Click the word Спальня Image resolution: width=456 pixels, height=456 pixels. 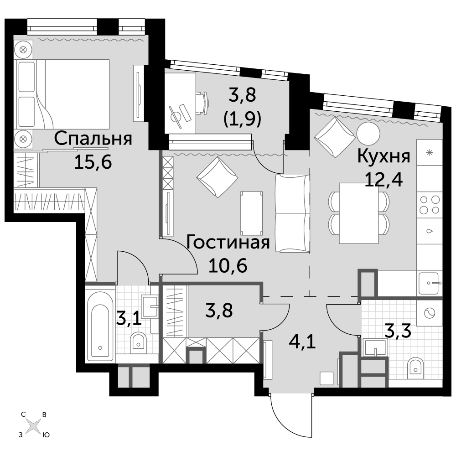click(x=93, y=139)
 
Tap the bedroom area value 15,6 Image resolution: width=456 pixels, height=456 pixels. click(x=93, y=162)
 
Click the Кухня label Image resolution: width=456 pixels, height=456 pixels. click(x=383, y=157)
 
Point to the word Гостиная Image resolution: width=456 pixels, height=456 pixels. click(x=228, y=243)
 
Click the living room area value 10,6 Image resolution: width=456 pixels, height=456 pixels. click(x=228, y=265)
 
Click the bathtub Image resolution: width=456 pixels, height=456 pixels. click(x=100, y=324)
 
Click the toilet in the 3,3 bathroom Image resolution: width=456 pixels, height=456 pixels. click(x=415, y=368)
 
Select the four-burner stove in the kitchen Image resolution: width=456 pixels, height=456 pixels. click(x=430, y=205)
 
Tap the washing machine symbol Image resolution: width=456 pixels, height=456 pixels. click(x=430, y=313)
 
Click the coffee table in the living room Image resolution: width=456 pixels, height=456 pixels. click(x=252, y=213)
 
